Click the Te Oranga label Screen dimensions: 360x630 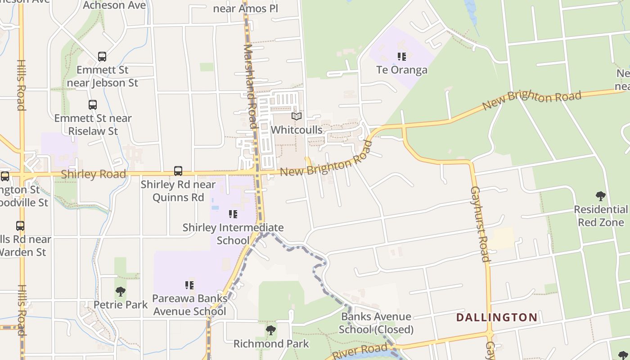[402, 70]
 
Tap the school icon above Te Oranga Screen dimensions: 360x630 [402, 57]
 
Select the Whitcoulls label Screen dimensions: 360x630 [296, 130]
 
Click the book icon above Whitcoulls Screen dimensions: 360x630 [296, 117]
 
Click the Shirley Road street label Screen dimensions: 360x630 [93, 174]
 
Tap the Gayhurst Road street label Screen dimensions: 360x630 [479, 224]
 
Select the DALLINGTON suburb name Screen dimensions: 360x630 [497, 317]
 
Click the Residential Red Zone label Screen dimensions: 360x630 [601, 216]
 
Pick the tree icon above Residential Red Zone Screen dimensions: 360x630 [600, 196]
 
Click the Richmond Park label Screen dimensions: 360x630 [271, 344]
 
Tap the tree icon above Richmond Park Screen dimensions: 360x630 [270, 331]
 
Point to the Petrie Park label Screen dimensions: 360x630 [121, 305]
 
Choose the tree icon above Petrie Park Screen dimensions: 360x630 [120, 292]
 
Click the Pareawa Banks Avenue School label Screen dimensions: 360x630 [189, 305]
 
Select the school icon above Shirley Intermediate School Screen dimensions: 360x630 [233, 214]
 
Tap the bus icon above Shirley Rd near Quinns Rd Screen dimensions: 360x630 [178, 171]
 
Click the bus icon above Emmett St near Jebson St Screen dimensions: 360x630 [102, 57]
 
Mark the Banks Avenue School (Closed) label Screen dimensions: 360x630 [376, 323]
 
